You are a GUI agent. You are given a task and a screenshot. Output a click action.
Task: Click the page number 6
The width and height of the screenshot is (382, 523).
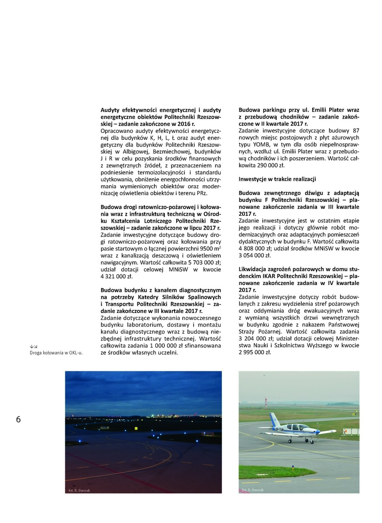pos(18,419)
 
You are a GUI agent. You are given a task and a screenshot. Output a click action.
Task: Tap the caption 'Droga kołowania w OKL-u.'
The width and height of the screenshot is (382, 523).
pos(56,353)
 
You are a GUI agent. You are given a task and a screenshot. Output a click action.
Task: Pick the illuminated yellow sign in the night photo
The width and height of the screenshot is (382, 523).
pos(136,428)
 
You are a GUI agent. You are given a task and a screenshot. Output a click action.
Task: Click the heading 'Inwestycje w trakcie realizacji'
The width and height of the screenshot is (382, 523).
pos(277,179)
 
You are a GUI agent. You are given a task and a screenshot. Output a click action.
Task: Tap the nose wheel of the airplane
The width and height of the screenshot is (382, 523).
pos(313,441)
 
